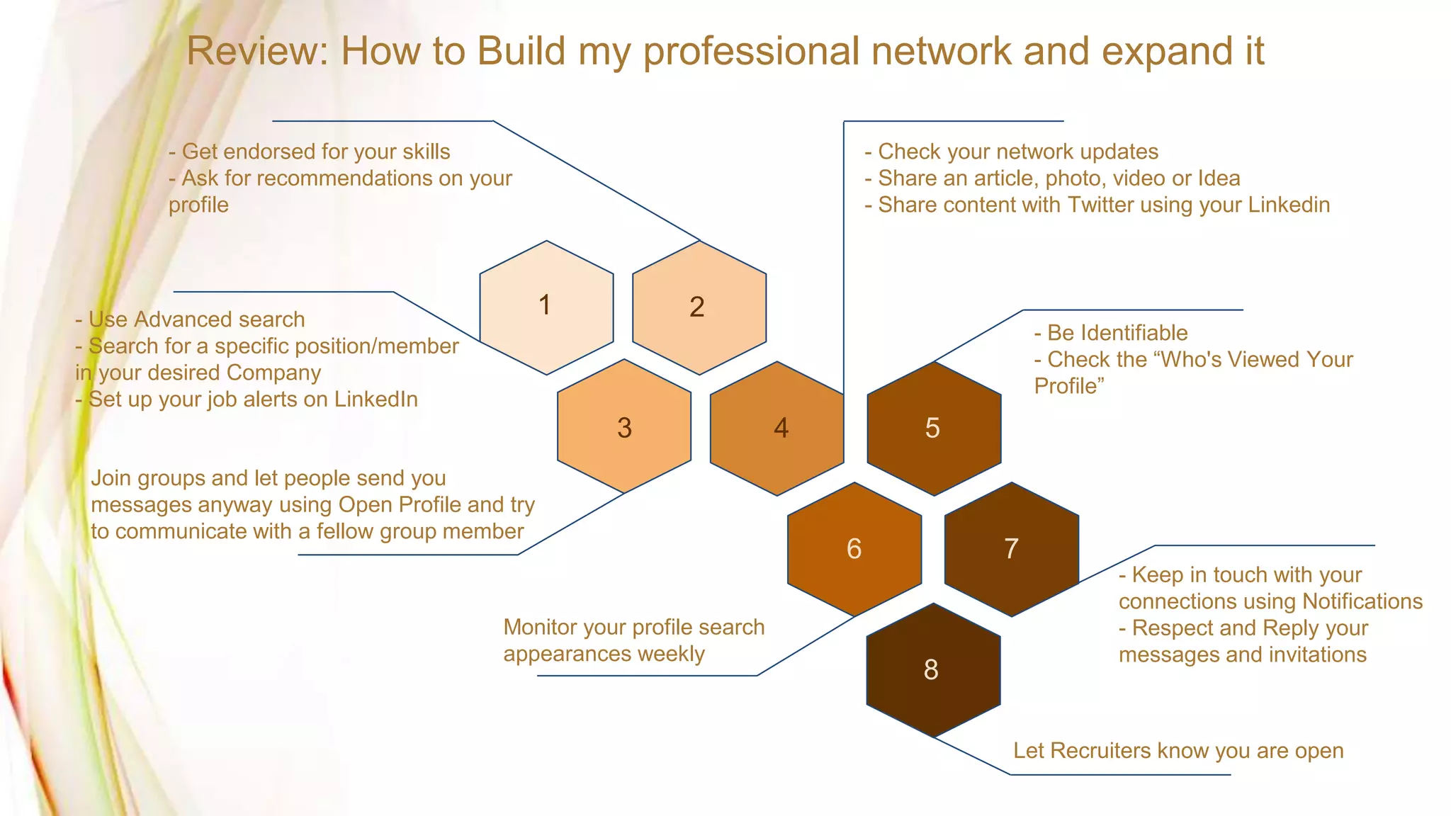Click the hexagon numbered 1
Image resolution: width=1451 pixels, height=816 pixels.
pyautogui.click(x=546, y=307)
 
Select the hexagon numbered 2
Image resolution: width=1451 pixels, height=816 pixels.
pyautogui.click(x=699, y=307)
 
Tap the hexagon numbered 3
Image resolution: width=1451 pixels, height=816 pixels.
pyautogui.click(x=624, y=426)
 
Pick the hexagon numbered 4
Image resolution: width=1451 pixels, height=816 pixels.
pyautogui.click(x=777, y=428)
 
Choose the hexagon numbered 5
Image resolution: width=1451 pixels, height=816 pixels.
pyautogui.click(x=934, y=428)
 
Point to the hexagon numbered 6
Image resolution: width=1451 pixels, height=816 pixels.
pyautogui.click(x=854, y=549)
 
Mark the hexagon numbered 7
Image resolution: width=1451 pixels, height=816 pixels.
pyautogui.click(x=1012, y=549)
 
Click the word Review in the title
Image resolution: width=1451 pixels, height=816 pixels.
pyautogui.click(x=257, y=52)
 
